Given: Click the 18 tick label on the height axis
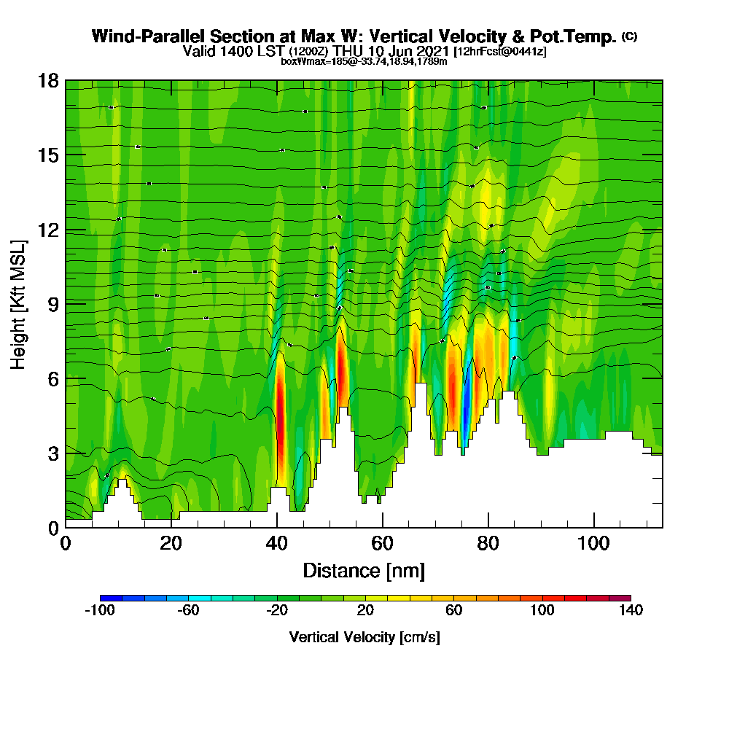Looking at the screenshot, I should click(x=47, y=80).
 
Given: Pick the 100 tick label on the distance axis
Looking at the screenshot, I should click(x=593, y=544).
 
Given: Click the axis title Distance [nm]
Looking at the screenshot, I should click(x=364, y=570).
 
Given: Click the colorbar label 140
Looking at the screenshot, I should click(x=631, y=611).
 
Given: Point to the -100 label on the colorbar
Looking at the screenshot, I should click(x=100, y=611).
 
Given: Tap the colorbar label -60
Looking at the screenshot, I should click(x=188, y=611).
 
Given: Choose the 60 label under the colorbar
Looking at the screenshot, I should click(x=453, y=611).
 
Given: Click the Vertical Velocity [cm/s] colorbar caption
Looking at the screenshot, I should click(x=364, y=637).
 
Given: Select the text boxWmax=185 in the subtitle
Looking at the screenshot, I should click(x=315, y=61).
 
